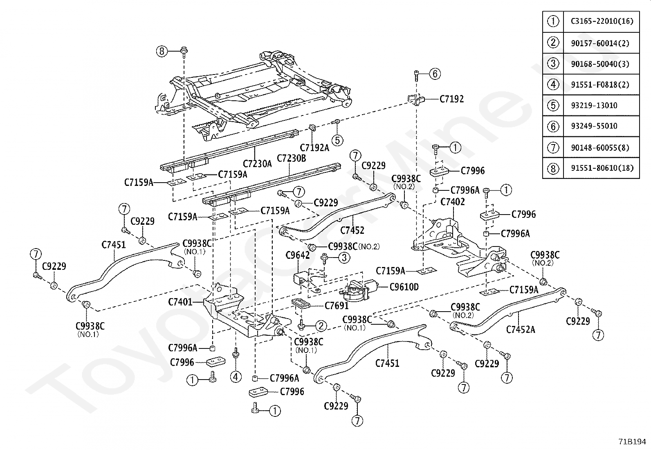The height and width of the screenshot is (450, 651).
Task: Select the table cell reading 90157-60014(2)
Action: (x=600, y=43)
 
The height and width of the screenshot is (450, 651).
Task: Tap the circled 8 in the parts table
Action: (x=553, y=167)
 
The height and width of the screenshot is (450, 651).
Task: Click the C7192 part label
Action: (x=451, y=99)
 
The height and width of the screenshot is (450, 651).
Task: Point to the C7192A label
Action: (x=314, y=147)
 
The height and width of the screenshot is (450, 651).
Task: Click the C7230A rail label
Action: (x=257, y=164)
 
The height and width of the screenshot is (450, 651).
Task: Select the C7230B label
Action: (x=291, y=158)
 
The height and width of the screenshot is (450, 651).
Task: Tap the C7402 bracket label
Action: (x=453, y=201)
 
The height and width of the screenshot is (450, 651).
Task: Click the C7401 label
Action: (x=180, y=302)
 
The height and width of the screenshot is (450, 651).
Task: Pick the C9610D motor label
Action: (x=404, y=287)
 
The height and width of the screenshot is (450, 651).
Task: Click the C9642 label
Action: (x=297, y=256)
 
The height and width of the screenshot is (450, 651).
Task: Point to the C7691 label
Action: (x=337, y=305)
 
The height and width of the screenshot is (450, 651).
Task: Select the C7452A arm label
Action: (x=520, y=329)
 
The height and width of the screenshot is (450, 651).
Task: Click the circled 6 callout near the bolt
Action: (x=435, y=74)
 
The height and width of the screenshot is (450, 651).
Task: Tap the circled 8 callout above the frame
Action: (x=162, y=51)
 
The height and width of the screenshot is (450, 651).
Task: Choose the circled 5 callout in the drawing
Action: (x=337, y=140)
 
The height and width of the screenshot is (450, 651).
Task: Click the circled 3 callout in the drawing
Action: (x=344, y=258)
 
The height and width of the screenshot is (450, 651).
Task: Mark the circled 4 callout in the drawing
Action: (x=236, y=376)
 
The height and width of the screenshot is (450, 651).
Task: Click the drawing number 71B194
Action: (x=632, y=442)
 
